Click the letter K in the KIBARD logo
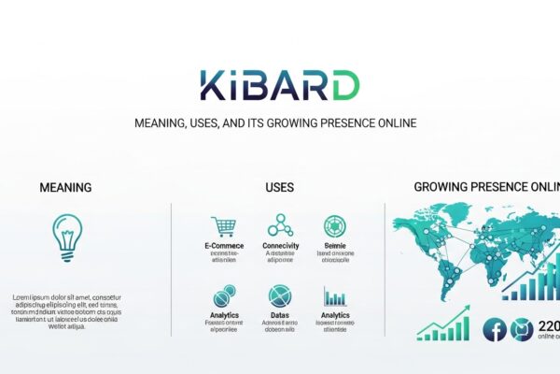212,86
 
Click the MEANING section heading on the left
65,188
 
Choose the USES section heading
279,188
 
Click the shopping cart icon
223,226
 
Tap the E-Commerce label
223,246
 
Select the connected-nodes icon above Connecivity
280,225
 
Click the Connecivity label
280,246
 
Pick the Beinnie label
334,246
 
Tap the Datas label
280,317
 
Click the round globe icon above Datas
280,296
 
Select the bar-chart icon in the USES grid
335,297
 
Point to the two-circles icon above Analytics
223,297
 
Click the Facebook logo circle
495,329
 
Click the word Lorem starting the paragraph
25,297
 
